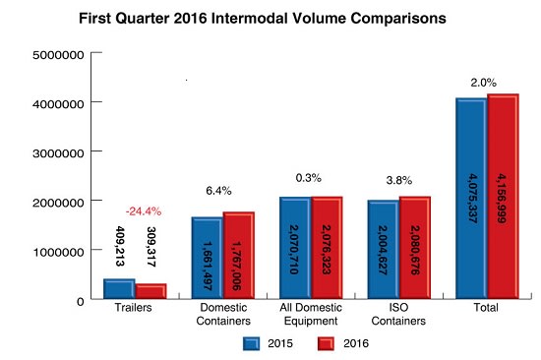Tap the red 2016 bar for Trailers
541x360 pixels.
150,291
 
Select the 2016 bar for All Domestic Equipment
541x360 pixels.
327,248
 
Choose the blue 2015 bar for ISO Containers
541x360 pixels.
384,250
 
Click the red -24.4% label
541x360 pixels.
143,211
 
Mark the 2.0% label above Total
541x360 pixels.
485,83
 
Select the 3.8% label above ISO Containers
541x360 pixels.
398,181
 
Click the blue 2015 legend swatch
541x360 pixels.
251,343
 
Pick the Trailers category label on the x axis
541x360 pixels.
135,310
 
